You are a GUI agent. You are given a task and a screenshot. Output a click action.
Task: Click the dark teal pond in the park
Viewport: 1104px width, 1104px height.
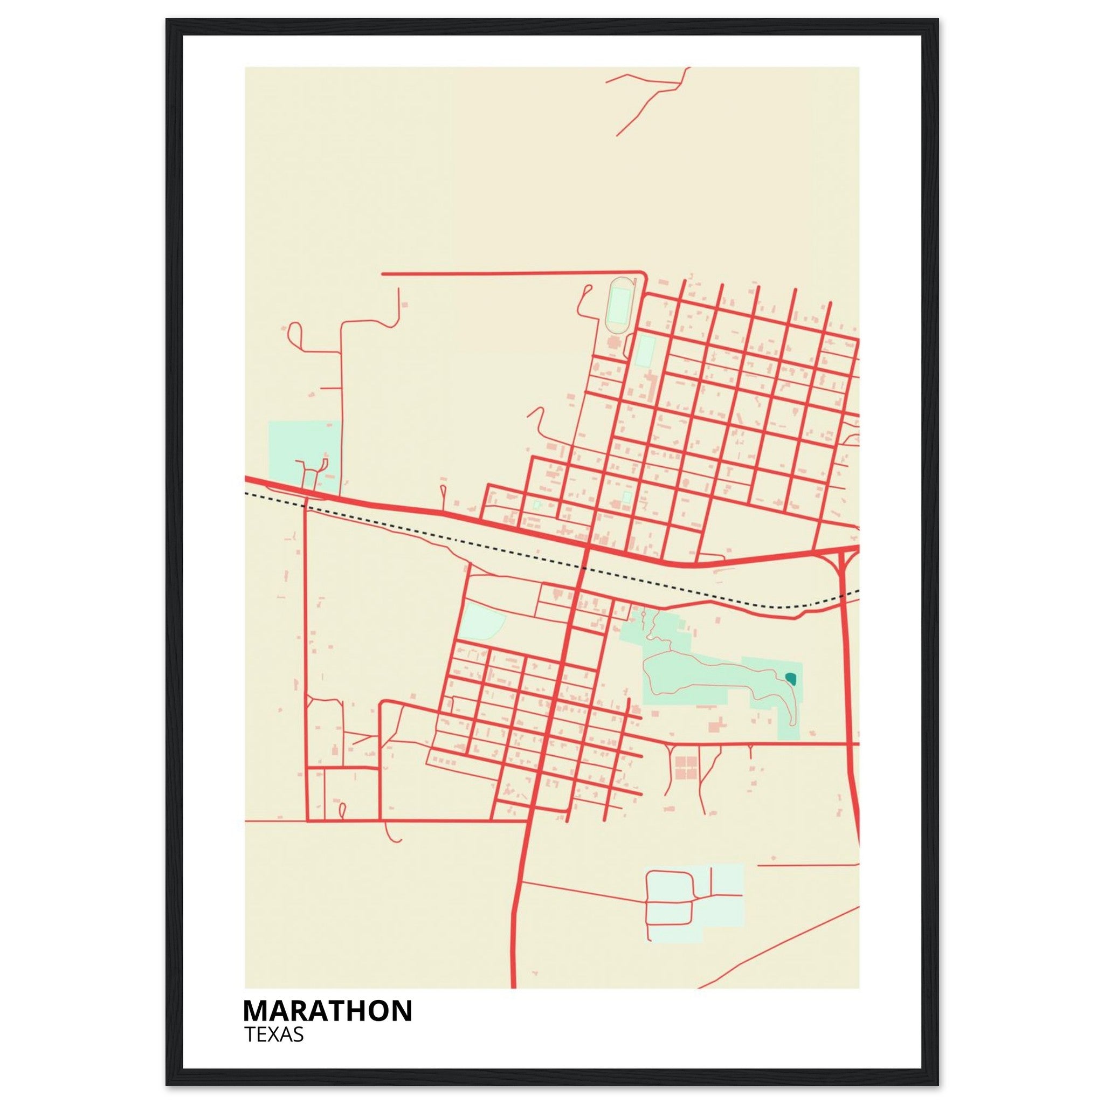791,678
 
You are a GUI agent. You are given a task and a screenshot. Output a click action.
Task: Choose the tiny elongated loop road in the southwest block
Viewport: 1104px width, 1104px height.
342,810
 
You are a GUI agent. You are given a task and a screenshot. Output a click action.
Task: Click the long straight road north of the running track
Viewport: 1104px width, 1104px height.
508,274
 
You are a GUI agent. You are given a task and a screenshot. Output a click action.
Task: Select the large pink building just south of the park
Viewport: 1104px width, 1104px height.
714,727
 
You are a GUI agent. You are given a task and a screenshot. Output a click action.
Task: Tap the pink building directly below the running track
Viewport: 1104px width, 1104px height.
615,344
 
